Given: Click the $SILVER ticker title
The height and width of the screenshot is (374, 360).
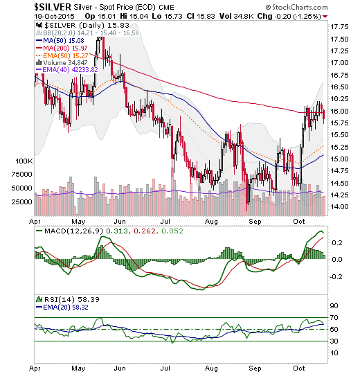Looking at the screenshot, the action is pyautogui.click(x=53, y=7).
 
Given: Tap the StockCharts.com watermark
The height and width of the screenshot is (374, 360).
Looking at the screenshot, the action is pyautogui.click(x=296, y=8).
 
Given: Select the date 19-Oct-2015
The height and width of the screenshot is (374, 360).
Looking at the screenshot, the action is pyautogui.click(x=55, y=17).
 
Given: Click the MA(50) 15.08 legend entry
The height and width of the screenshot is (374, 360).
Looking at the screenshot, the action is pyautogui.click(x=60, y=41).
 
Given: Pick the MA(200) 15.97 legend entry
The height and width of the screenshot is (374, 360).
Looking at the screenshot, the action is pyautogui.click(x=62, y=48).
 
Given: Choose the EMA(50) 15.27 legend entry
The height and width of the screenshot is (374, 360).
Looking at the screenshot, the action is pyautogui.click(x=62, y=56).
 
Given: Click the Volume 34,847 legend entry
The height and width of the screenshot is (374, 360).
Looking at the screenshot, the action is pyautogui.click(x=62, y=63).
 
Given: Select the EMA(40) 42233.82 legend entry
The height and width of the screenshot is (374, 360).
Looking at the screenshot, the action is pyautogui.click(x=66, y=70).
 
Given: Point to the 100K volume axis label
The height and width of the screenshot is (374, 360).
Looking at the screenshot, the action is pyautogui.click(x=24, y=161).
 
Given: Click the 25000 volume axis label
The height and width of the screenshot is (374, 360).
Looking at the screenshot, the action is pyautogui.click(x=22, y=202).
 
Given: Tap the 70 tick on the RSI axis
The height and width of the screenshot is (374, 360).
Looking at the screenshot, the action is pyautogui.click(x=334, y=318).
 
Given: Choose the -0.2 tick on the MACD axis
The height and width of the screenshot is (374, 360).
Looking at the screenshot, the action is pyautogui.click(x=336, y=276).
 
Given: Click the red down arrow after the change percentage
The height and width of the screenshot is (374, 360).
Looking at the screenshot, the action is pyautogui.click(x=325, y=17).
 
